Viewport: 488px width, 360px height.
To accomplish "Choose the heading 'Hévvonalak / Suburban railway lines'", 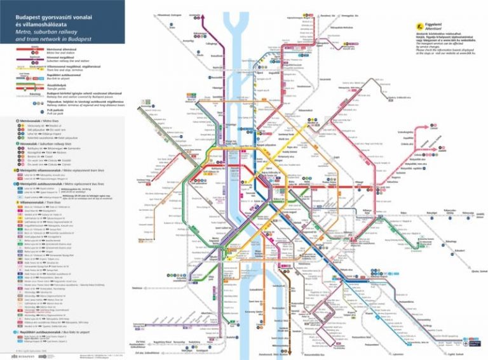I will point(38,143).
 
